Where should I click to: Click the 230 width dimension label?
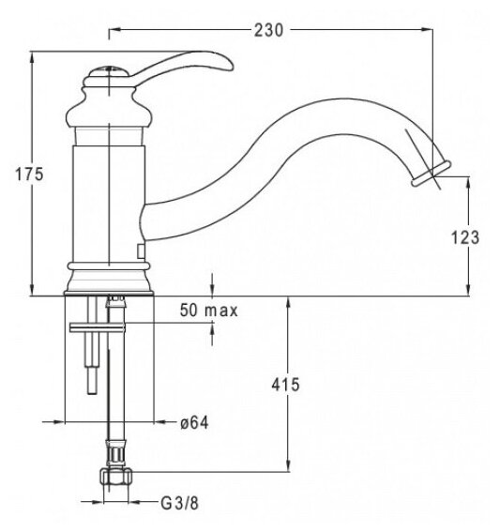268,30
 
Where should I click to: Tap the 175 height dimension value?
29,175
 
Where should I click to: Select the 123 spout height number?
465,237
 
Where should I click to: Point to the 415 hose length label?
286,385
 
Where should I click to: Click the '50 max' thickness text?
209,311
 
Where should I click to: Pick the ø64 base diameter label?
194,423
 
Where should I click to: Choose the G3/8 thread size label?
180,504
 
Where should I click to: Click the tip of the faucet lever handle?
232,67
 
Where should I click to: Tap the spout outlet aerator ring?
431,174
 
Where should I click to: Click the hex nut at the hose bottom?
115,478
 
